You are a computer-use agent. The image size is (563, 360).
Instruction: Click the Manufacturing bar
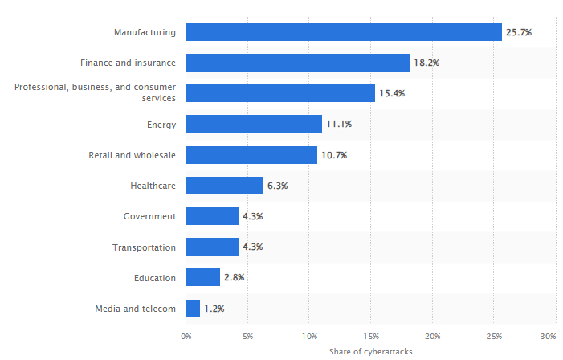point(344,32)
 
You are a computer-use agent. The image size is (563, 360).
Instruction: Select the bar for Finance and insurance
point(297,63)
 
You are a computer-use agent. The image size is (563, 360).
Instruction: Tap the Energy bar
point(254,124)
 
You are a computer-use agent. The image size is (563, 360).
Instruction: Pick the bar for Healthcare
point(224,186)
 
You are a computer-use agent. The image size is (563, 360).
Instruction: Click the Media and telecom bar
point(193,308)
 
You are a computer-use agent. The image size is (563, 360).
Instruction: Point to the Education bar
point(202,277)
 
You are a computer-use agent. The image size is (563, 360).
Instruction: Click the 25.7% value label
point(519,32)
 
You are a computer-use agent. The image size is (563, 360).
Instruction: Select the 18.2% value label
point(426,63)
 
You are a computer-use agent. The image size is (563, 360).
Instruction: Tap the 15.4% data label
point(392,93)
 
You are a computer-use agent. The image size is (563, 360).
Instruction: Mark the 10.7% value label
point(334,155)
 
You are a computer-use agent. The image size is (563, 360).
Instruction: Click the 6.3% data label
point(275,186)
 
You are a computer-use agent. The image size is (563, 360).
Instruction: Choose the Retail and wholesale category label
point(132,155)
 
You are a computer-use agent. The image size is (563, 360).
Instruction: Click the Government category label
point(149,216)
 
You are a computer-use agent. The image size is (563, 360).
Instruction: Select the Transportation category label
point(144,247)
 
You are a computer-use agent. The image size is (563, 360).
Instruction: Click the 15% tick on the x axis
point(370,335)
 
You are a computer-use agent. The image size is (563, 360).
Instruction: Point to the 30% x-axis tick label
point(549,335)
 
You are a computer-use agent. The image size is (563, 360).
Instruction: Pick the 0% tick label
point(186,335)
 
